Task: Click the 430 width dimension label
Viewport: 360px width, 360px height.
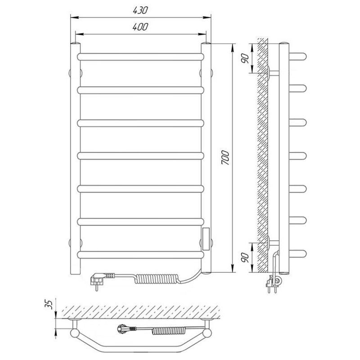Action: (140, 10)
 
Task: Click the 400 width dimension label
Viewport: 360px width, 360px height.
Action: (140, 27)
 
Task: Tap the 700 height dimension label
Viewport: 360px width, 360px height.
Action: (225, 157)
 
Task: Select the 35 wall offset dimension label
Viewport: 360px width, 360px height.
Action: (49, 304)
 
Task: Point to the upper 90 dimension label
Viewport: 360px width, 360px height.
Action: (245, 58)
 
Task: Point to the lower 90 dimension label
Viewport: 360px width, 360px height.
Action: (245, 257)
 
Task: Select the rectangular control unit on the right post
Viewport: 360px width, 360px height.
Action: (206, 239)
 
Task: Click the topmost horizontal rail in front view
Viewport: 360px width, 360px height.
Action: (140, 57)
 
